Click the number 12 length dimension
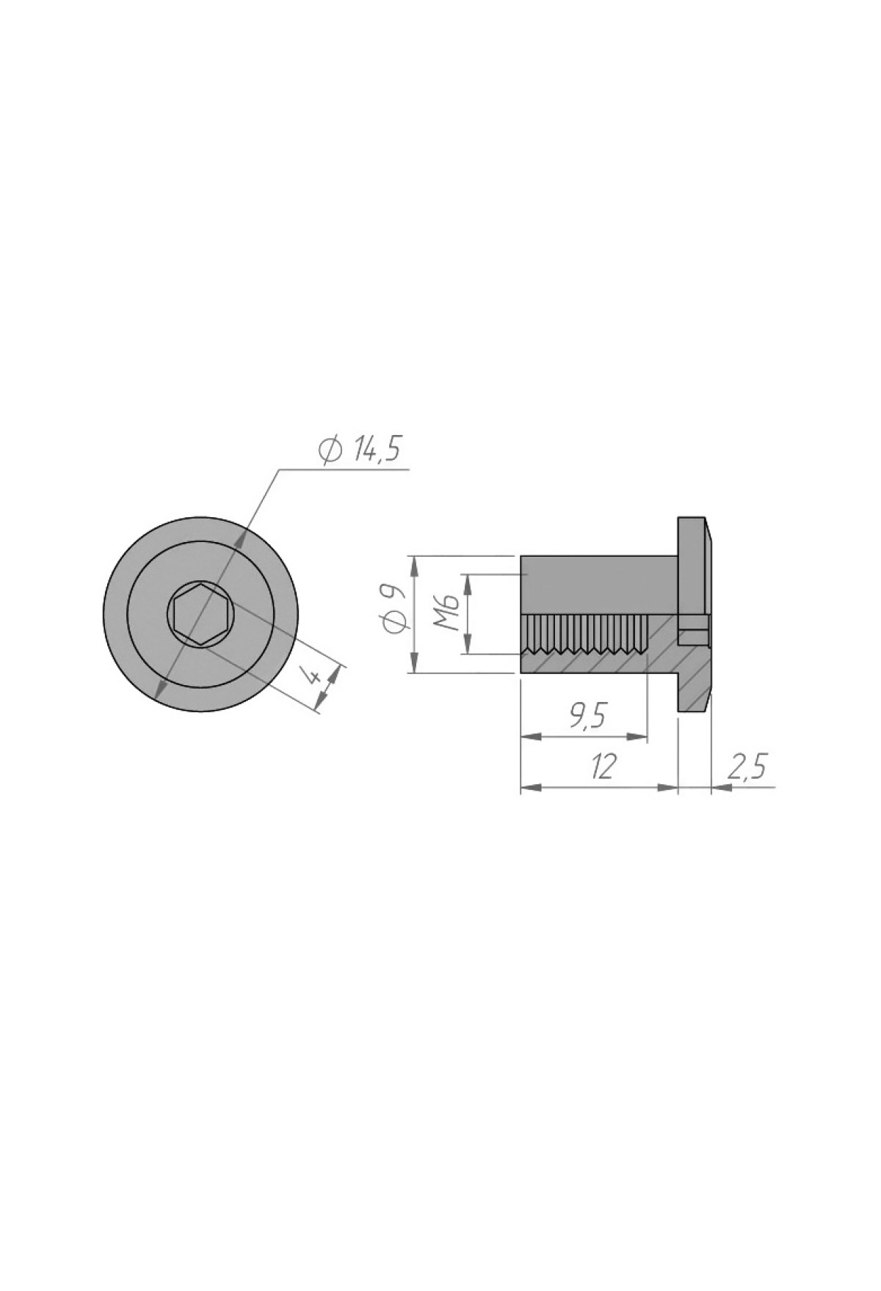click(x=602, y=767)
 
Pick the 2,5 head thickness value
click(x=747, y=767)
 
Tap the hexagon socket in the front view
click(x=201, y=613)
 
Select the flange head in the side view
click(x=694, y=613)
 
